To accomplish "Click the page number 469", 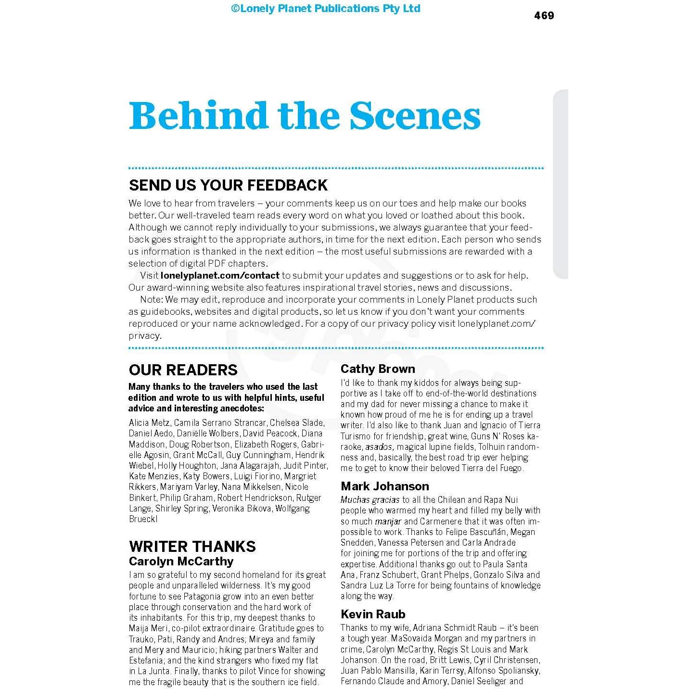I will tap(544, 16).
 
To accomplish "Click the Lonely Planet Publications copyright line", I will tap(326, 8).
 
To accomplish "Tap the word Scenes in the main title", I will tap(415, 116).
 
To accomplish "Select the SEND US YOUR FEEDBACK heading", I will tap(228, 185).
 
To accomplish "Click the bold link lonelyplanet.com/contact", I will tap(220, 276).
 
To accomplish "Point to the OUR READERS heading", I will tap(183, 370).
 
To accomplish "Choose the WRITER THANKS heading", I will tap(192, 546).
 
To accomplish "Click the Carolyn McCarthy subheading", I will tap(181, 561).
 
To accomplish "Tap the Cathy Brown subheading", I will tap(378, 369).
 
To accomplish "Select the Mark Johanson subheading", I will tap(384, 486).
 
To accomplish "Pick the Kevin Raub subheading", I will tap(373, 614).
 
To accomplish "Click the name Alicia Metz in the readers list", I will tap(149, 423).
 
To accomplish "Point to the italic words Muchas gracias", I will tap(370, 500).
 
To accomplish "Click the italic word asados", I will tap(379, 447).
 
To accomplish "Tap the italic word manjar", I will tap(388, 522).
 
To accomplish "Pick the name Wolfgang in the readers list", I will tap(292, 509).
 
